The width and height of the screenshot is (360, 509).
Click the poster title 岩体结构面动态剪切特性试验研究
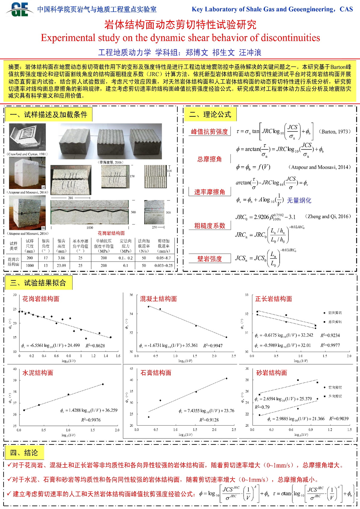pyautogui.click(x=180, y=25)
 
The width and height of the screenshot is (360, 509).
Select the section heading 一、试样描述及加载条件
pyautogui.click(x=48, y=115)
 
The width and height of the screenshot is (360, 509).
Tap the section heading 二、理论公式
pyautogui.click(x=210, y=114)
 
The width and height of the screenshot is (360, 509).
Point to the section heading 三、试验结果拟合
pyautogui.click(x=38, y=283)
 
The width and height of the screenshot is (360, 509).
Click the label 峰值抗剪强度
pyautogui.click(x=209, y=131)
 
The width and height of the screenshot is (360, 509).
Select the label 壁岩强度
pyautogui.click(x=209, y=259)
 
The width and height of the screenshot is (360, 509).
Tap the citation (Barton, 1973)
pyautogui.click(x=334, y=131)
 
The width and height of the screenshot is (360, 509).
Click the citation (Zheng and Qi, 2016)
pyautogui.click(x=328, y=216)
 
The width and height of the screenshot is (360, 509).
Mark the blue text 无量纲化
pyautogui.click(x=299, y=200)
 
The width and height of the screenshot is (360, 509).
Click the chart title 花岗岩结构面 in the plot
pyautogui.click(x=41, y=299)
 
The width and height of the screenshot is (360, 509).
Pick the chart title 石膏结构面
pyautogui.click(x=156, y=373)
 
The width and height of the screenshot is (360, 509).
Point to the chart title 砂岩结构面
pyautogui.click(x=271, y=373)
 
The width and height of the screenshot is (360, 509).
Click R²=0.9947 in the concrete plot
pyautogui.click(x=213, y=346)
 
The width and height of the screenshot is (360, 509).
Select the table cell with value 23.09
pyautogui.click(x=61, y=265)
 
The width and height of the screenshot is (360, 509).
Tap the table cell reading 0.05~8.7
pyautogui.click(x=163, y=258)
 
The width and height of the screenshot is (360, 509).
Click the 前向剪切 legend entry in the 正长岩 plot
pyautogui.click(x=334, y=313)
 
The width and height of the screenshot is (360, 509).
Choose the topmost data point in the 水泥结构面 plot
pyautogui.click(x=103, y=384)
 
